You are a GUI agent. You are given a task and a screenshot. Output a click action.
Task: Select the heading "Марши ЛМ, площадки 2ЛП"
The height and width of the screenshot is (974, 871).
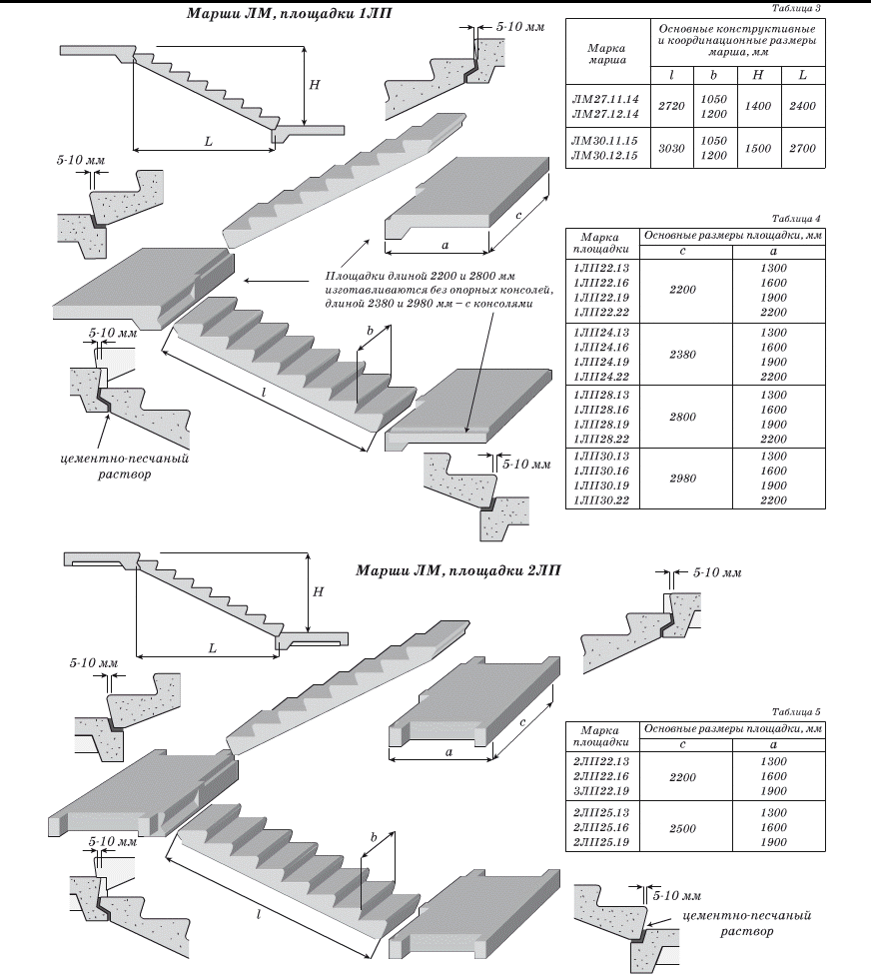click(458, 570)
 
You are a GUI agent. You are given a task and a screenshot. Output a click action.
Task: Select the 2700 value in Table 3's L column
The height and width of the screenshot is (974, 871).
click(801, 148)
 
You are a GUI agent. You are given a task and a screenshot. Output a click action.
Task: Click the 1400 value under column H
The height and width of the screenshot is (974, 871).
click(759, 105)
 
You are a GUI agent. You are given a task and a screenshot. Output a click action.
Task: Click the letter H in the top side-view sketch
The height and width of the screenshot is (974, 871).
click(314, 86)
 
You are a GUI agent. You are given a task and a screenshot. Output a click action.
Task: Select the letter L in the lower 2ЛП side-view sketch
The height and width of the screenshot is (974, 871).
click(213, 647)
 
